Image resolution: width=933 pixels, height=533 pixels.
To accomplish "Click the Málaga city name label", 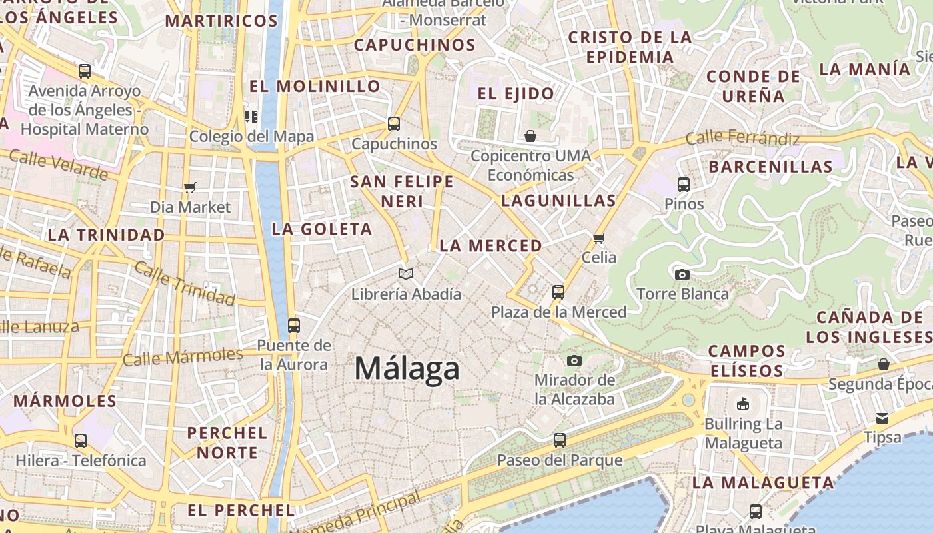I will tap(407, 368).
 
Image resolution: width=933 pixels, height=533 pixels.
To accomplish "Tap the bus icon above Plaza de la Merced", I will tap(558, 292).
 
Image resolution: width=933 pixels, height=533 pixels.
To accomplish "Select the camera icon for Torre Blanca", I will tap(682, 274).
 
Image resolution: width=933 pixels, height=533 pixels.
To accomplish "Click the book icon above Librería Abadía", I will tap(406, 274).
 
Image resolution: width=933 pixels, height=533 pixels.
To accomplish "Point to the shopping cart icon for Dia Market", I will tap(190, 187).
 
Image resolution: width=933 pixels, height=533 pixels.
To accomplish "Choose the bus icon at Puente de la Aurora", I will tap(293, 326).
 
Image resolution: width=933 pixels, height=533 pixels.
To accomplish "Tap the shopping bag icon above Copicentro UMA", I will tap(530, 136).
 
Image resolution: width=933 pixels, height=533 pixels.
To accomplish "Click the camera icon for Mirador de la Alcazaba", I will tap(574, 361).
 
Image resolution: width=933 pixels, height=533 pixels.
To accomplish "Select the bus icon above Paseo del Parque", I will tap(560, 440).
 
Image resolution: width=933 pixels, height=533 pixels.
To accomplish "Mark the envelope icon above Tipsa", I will tap(882, 418).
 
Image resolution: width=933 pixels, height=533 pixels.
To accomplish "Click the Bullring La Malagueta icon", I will tap(743, 404).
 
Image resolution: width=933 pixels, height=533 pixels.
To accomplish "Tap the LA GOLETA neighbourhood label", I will tap(322, 229).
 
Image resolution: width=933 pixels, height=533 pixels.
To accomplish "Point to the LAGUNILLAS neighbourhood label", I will tap(558, 201).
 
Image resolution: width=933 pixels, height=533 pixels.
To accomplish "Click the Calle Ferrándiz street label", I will tap(742, 139).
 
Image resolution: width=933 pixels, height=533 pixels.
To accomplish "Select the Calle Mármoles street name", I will tap(183, 357).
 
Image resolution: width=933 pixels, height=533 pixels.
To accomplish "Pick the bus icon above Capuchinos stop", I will tap(394, 123).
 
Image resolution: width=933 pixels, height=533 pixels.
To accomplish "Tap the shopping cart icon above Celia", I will tap(598, 238).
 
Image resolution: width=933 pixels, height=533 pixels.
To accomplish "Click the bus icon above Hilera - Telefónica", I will tap(81, 440).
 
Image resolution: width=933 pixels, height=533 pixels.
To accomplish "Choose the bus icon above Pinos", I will tap(684, 185).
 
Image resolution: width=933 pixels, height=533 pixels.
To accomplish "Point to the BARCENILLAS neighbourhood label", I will tap(771, 167).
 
